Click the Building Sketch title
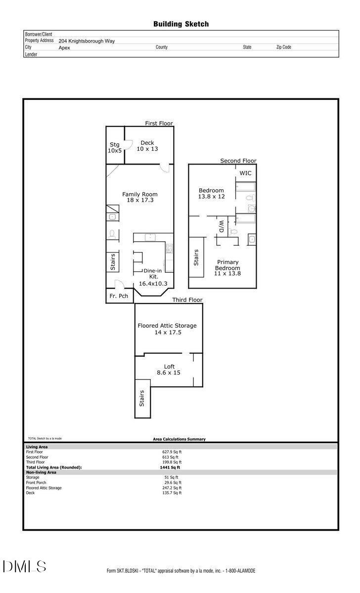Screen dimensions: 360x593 pos(181,24)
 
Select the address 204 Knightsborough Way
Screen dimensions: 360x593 pos(87,41)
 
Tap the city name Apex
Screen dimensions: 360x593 pos(64,48)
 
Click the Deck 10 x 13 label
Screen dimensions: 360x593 pos(147,146)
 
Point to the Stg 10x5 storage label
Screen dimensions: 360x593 pos(115,147)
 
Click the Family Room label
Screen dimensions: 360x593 pos(140,197)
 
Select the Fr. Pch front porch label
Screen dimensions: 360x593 pos(119,296)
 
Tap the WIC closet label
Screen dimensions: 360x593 pos(245,173)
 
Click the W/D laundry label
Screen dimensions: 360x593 pos(222,226)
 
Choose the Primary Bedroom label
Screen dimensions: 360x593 pos(227,268)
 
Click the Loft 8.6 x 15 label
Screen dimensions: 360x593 pos(169,370)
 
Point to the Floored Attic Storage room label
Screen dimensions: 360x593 pos(167,329)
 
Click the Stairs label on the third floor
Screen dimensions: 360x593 pos(142,398)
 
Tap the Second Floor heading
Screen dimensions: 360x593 pos(238,161)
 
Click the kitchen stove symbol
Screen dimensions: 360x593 pos(169,248)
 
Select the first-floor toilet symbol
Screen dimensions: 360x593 pos(112,234)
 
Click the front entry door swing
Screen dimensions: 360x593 pos(119,284)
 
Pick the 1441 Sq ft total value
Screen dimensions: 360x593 pos(170,467)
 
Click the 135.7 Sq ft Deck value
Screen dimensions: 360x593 pos(172,493)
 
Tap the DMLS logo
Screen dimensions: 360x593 pos(25,566)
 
